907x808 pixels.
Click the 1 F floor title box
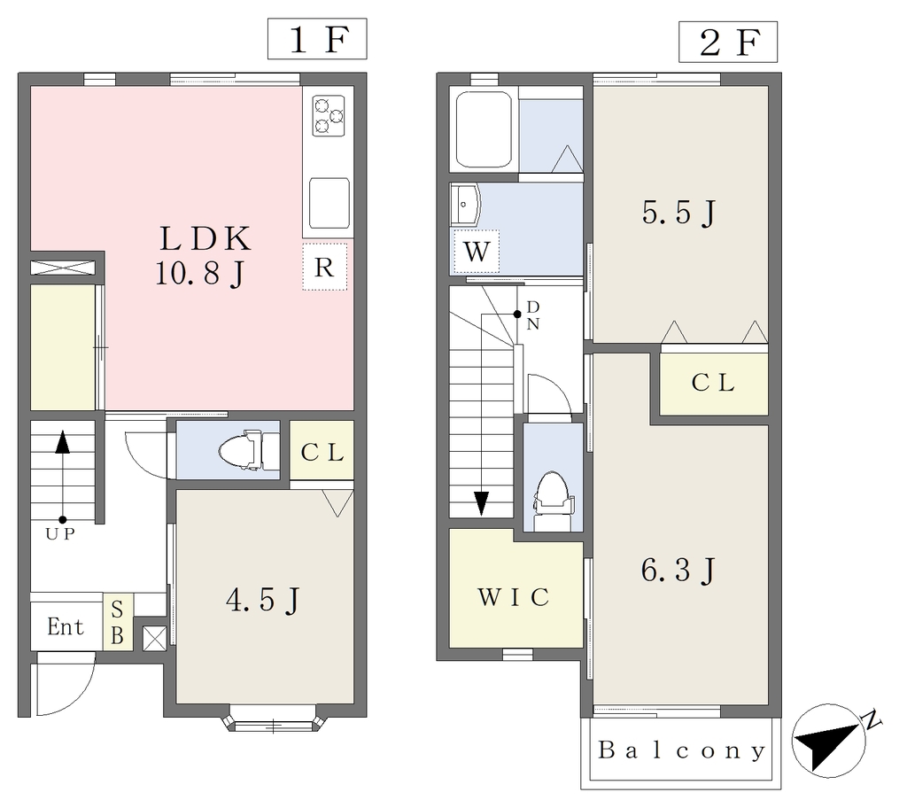point(317,39)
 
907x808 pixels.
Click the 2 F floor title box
point(728,42)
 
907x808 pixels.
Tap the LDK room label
point(205,238)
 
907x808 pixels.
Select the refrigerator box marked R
point(324,267)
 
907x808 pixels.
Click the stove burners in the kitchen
point(329,115)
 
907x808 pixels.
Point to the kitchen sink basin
point(329,203)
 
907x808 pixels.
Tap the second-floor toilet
point(553,494)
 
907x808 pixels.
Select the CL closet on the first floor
point(322,450)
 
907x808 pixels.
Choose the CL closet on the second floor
point(714,384)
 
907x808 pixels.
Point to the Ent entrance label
point(66,627)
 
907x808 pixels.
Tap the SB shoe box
point(118,622)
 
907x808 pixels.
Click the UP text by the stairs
point(61,534)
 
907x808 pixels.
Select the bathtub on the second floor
point(484,129)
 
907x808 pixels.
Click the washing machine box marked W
point(477,252)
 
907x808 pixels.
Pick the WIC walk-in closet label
point(513,597)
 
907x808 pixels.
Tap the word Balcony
point(681,750)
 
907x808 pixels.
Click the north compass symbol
point(828,741)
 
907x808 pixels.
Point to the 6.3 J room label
point(678,570)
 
